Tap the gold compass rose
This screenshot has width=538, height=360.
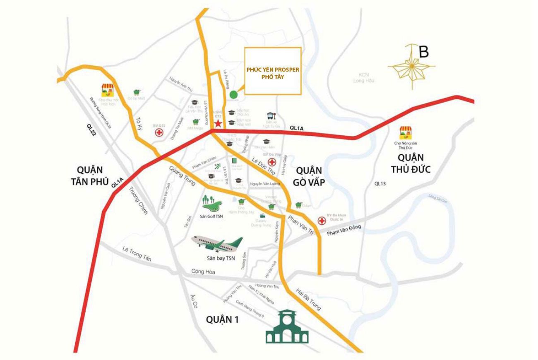412,67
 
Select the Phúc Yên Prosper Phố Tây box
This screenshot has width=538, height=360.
272,71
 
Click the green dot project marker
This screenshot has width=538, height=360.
233,94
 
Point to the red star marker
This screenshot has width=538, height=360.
218,123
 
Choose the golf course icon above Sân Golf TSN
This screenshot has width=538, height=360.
212,203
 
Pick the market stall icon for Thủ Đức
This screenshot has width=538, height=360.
404,133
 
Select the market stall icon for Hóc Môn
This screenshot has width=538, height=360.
107,90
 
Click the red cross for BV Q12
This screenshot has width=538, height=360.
158,133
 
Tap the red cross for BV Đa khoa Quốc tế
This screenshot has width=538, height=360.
321,221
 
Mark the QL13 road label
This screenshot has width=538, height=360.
380,183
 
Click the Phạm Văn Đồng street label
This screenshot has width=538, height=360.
344,230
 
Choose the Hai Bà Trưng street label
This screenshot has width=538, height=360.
308,298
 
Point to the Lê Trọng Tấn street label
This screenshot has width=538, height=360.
137,253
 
